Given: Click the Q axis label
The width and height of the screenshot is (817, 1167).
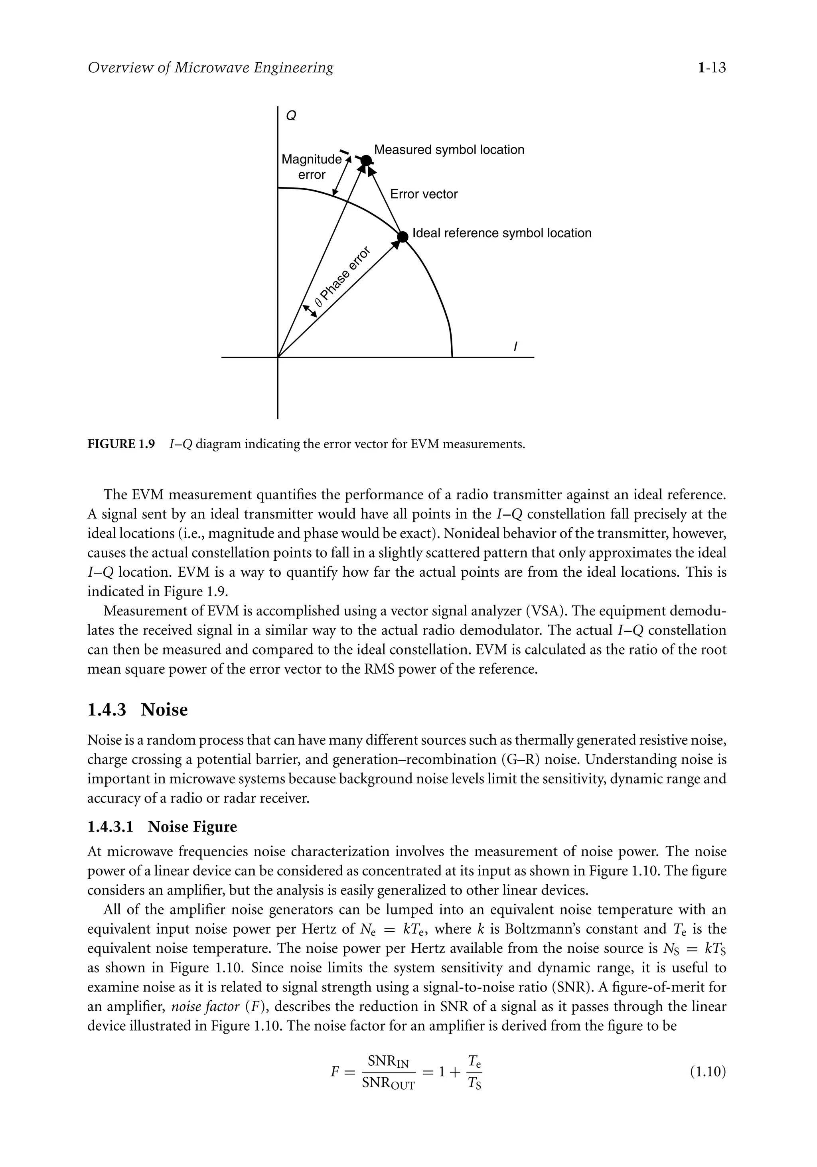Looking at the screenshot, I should (291, 116).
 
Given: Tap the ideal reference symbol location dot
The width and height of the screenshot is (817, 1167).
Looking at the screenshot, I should (402, 237).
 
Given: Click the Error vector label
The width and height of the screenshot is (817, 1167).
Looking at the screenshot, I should (424, 194).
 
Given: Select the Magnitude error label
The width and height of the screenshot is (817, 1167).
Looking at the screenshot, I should (311, 167).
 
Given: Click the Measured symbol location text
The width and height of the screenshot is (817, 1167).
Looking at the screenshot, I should (449, 150).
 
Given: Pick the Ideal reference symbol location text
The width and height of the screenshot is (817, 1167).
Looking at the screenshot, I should (502, 233).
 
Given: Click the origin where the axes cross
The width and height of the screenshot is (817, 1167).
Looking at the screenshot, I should (278, 357).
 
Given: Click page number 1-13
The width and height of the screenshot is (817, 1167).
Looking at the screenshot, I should (711, 67).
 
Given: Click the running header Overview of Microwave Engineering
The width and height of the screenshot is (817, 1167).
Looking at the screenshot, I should (211, 67).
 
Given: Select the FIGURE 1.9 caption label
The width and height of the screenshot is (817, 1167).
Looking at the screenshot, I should (121, 444).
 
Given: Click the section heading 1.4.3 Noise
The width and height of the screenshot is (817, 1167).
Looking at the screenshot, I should (137, 710).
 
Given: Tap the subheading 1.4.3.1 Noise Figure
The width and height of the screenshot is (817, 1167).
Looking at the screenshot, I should (162, 827).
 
